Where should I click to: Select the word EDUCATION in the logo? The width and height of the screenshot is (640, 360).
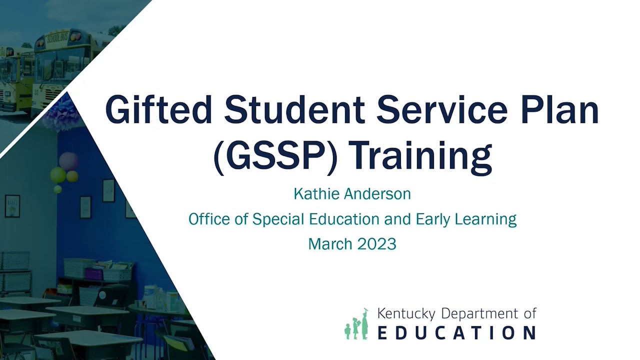(456, 332)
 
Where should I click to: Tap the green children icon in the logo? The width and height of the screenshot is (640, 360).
(356, 324)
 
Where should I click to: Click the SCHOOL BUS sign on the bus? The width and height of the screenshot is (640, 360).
(57, 37)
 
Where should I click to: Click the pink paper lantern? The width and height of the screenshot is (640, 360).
(68, 161)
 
